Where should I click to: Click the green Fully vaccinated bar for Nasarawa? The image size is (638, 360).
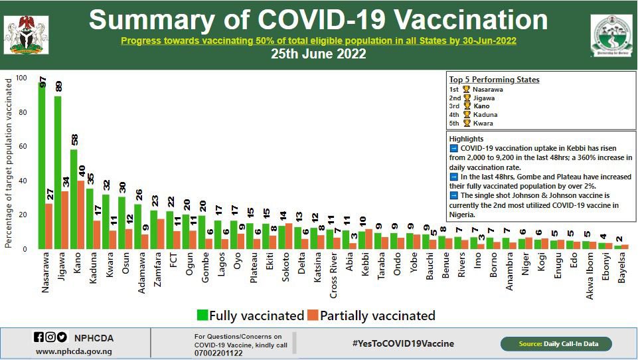(x=42, y=166)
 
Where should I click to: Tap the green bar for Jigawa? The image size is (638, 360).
(x=58, y=173)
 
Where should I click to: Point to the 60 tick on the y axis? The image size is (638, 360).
(x=22, y=147)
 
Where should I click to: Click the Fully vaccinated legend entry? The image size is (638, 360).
(x=250, y=315)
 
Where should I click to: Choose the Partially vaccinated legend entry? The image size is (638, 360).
(x=372, y=315)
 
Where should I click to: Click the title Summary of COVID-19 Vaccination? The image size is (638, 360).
(x=319, y=21)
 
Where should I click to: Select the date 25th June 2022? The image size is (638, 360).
(x=319, y=54)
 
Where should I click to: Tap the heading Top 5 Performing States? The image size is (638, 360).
(x=494, y=80)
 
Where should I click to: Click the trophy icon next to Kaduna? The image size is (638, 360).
(x=467, y=114)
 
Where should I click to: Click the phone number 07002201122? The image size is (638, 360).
(x=219, y=353)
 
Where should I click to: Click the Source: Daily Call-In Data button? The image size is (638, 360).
(x=556, y=344)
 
